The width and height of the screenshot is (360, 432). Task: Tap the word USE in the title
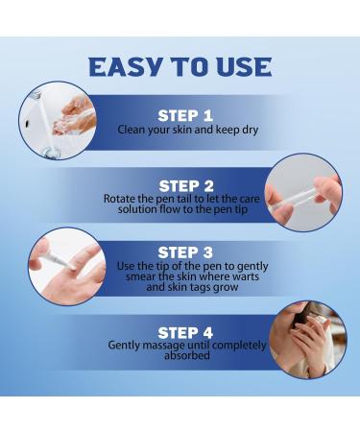point(244,67)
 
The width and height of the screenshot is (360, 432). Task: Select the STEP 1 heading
point(185,115)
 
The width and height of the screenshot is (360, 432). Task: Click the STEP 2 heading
point(186,186)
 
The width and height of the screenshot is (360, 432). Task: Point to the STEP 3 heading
point(185,252)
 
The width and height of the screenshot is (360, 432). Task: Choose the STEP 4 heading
point(185,333)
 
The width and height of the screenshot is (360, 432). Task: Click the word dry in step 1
point(249,131)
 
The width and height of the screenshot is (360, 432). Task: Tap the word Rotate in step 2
point(119,199)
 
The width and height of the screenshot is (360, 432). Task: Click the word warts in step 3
point(246,276)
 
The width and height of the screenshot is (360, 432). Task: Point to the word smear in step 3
point(140,276)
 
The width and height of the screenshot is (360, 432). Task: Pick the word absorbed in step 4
point(187,355)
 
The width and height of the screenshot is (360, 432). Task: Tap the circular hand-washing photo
point(58,120)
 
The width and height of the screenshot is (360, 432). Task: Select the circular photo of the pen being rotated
point(304,192)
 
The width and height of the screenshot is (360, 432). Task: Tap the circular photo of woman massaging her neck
point(308,340)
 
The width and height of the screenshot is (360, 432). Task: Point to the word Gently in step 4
point(124,346)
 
